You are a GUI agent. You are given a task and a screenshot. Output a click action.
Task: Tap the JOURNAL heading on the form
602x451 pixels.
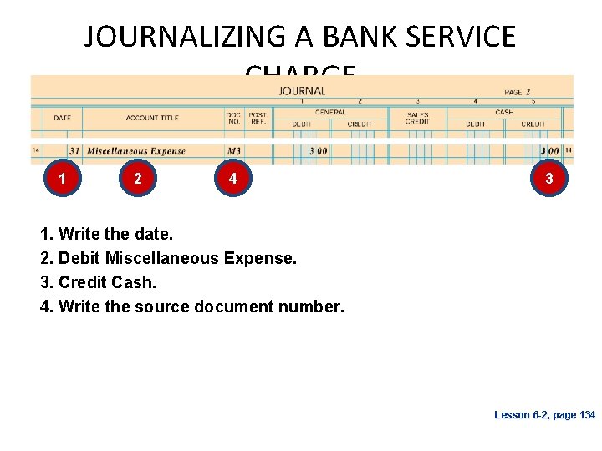pyautogui.click(x=302, y=90)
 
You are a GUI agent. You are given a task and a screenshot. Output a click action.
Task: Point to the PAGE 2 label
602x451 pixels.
pyautogui.click(x=518, y=91)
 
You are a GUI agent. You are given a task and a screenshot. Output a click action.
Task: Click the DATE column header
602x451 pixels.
pyautogui.click(x=62, y=118)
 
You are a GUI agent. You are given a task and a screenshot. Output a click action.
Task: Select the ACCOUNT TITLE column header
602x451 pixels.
pyautogui.click(x=152, y=118)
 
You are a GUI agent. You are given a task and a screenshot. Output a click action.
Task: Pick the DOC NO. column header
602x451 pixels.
pyautogui.click(x=233, y=118)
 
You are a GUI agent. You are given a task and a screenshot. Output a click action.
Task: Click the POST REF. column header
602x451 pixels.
pyautogui.click(x=258, y=118)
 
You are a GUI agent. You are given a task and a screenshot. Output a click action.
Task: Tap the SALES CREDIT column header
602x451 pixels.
pyautogui.click(x=417, y=118)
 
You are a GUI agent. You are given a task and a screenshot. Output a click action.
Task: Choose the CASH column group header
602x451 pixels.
pyautogui.click(x=504, y=112)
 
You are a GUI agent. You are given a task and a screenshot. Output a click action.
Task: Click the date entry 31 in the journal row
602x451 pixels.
pyautogui.click(x=74, y=151)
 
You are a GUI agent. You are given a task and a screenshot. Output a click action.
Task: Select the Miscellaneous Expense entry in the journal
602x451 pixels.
pyautogui.click(x=136, y=151)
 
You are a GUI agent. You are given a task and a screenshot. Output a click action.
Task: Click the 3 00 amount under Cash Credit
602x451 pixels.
pyautogui.click(x=550, y=151)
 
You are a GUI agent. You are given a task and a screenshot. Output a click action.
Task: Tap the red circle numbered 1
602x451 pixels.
pyautogui.click(x=63, y=179)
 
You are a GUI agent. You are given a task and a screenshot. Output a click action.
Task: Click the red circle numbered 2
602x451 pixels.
pyautogui.click(x=137, y=179)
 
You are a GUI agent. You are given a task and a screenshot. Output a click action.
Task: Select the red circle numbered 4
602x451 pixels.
pyautogui.click(x=232, y=179)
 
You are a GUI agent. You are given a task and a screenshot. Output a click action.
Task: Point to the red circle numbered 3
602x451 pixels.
pyautogui.click(x=548, y=179)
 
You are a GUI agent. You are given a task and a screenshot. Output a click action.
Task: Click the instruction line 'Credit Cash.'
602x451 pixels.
pyautogui.click(x=99, y=282)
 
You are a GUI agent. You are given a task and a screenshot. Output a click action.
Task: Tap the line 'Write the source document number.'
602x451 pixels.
pyautogui.click(x=192, y=307)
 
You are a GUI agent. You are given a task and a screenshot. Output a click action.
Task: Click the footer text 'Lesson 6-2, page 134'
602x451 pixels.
pyautogui.click(x=544, y=415)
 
